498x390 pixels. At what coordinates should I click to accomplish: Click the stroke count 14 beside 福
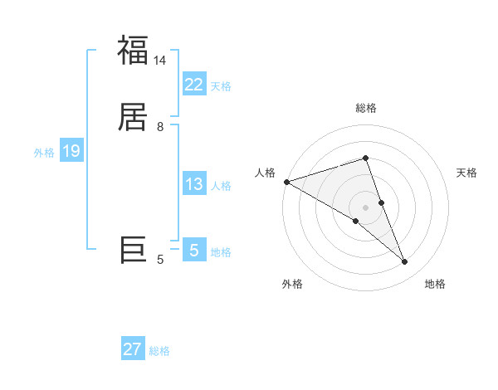point(160,61)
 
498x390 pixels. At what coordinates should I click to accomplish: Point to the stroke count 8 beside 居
point(160,127)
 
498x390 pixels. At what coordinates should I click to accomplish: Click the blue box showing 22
point(193,85)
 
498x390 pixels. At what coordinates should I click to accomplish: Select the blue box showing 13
point(193,184)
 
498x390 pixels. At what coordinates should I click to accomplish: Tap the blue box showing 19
point(71,151)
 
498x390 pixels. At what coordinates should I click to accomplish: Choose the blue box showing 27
point(133,349)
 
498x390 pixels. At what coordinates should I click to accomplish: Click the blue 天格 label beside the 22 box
point(221,86)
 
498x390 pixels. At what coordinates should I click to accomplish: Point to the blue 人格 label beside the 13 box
point(221,186)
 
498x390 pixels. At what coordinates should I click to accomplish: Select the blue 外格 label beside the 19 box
point(44,153)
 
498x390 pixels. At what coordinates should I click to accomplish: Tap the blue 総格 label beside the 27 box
point(159,351)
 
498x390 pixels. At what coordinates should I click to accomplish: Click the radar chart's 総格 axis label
point(366,108)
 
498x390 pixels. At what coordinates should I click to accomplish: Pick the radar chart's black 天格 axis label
point(467,173)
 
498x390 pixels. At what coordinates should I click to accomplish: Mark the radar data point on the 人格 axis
point(286,181)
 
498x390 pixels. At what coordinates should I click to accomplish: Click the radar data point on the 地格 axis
point(404,262)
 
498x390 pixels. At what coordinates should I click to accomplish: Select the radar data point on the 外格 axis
point(355,222)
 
